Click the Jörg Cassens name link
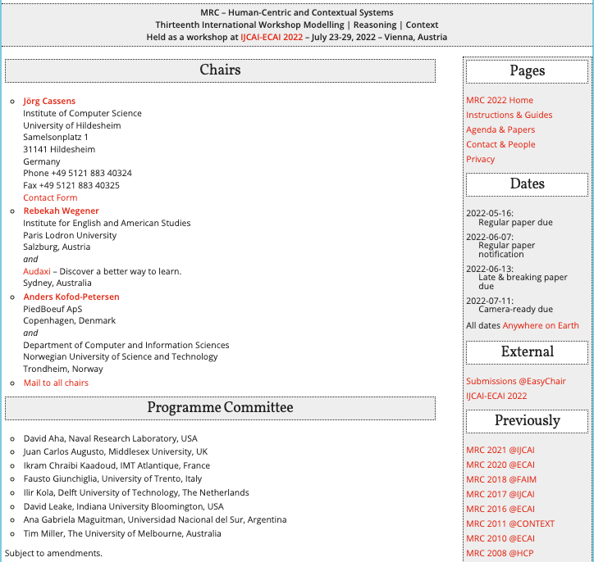(x=49, y=102)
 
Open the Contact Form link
(x=50, y=197)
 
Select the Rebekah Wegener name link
(x=61, y=211)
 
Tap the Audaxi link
(x=37, y=271)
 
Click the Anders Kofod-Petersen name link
(x=71, y=297)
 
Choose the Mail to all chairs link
(x=56, y=383)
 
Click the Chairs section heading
(x=220, y=70)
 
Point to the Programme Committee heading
(x=220, y=408)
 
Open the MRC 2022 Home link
(x=500, y=100)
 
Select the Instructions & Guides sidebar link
(x=509, y=115)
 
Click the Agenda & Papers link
(x=500, y=129)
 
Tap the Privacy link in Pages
(x=481, y=159)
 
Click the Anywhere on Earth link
(x=541, y=325)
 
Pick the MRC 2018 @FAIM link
(x=500, y=479)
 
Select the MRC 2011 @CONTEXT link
(x=510, y=523)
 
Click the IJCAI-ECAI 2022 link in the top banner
(x=272, y=37)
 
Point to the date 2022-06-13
(x=490, y=269)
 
